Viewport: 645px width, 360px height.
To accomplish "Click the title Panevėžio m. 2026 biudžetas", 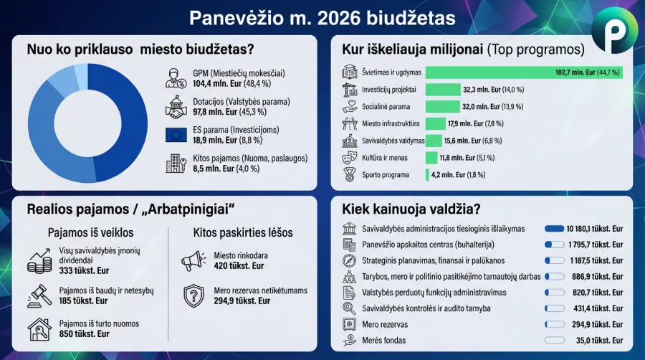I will [x=322, y=16].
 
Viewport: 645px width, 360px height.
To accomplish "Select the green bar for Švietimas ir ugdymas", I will [x=523, y=72].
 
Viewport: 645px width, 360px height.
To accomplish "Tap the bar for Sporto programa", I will [x=427, y=174].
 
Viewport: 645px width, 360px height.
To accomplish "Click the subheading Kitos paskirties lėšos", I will [x=243, y=232].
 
